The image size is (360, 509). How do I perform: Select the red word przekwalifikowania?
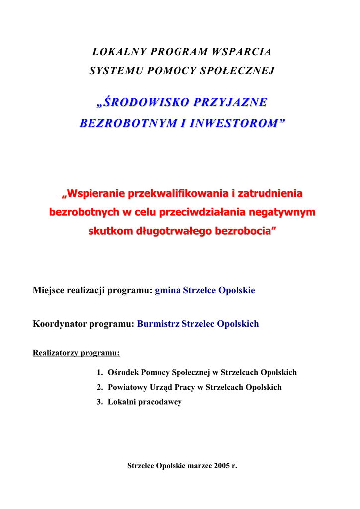pos(174,193)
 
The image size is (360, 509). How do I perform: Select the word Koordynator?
pos(60,324)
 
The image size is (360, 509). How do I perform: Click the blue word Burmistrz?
pos(158,324)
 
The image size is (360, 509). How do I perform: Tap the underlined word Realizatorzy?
pos(56,354)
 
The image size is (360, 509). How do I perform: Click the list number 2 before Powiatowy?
pos(99,387)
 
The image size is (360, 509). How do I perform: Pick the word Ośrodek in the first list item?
pos(123,372)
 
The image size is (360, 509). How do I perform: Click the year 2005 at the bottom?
pos(222,466)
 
